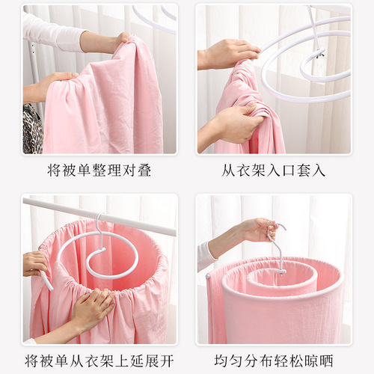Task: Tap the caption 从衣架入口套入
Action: [275, 171]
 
